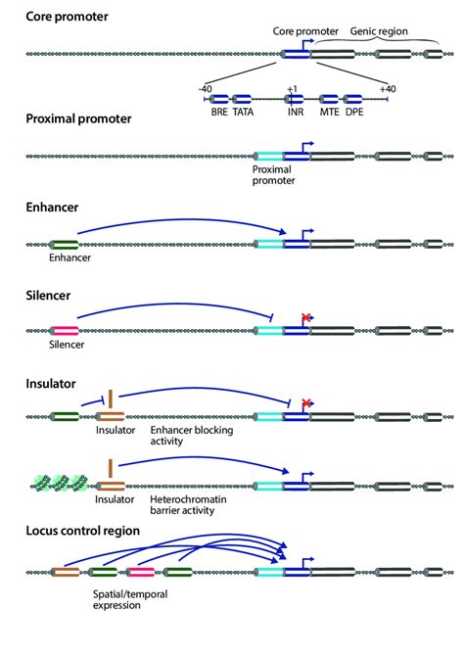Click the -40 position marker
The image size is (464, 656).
[x=205, y=88]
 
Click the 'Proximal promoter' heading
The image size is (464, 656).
[x=78, y=119]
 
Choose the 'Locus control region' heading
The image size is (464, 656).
[x=84, y=531]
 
